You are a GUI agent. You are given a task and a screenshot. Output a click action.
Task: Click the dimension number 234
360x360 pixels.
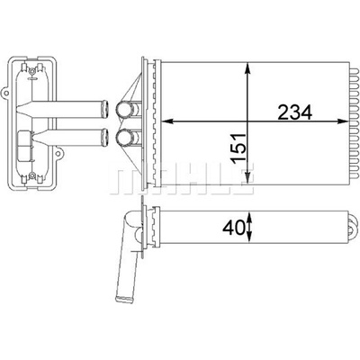coord(295,112)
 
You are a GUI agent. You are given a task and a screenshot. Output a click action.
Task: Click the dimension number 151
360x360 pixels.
coord(239,148)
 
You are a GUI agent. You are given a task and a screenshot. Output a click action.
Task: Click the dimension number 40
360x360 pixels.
coord(233,229)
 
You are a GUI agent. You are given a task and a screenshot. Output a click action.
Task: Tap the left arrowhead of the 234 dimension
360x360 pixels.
coord(168,121)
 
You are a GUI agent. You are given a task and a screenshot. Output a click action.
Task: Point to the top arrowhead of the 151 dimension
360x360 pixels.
coord(247,67)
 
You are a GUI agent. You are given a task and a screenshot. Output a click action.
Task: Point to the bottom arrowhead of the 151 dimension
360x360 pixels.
coord(247,176)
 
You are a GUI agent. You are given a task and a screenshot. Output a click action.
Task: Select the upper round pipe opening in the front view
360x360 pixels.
coord(123,110)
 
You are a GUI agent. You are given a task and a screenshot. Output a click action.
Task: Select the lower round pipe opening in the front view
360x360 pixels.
coord(123,137)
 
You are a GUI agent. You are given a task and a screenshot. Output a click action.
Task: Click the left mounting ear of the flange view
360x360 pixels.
coord(5,93)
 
